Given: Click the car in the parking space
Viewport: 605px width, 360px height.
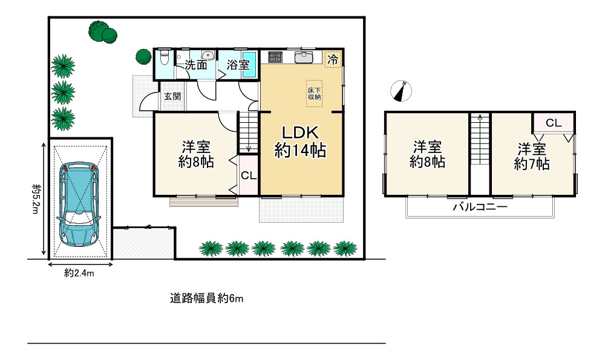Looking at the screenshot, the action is click(x=79, y=204).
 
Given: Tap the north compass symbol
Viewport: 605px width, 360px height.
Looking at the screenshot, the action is click(x=401, y=91).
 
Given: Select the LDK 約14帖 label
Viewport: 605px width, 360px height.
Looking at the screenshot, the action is click(x=300, y=142).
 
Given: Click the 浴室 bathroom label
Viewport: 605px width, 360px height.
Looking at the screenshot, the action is click(x=238, y=65).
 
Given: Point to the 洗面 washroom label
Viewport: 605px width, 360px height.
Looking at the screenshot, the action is click(x=195, y=65).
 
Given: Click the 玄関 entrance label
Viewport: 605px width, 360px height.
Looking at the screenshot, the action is click(x=172, y=96).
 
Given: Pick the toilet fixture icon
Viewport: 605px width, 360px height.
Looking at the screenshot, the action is click(x=165, y=58).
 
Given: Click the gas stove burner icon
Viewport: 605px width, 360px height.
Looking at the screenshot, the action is click(x=275, y=57).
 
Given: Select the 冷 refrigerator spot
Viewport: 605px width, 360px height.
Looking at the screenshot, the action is click(x=333, y=59).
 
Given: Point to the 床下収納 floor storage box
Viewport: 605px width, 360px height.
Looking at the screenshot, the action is click(x=314, y=93).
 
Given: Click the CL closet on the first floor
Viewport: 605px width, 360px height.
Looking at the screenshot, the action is click(x=249, y=175).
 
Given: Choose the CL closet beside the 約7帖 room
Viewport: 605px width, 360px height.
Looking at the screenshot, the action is click(x=554, y=123).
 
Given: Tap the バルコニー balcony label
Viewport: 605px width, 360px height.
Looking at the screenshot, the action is click(x=480, y=207).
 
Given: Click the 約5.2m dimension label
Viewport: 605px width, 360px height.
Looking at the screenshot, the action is click(x=36, y=199).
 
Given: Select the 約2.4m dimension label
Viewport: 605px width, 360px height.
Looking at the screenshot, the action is click(x=79, y=273).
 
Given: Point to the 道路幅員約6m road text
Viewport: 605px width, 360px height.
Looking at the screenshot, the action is click(x=207, y=298).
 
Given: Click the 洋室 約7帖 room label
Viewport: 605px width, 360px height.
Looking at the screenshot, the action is click(x=532, y=156).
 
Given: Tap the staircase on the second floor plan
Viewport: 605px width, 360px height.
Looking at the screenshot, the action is click(x=480, y=139).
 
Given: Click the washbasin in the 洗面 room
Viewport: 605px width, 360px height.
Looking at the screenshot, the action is click(x=208, y=55).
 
